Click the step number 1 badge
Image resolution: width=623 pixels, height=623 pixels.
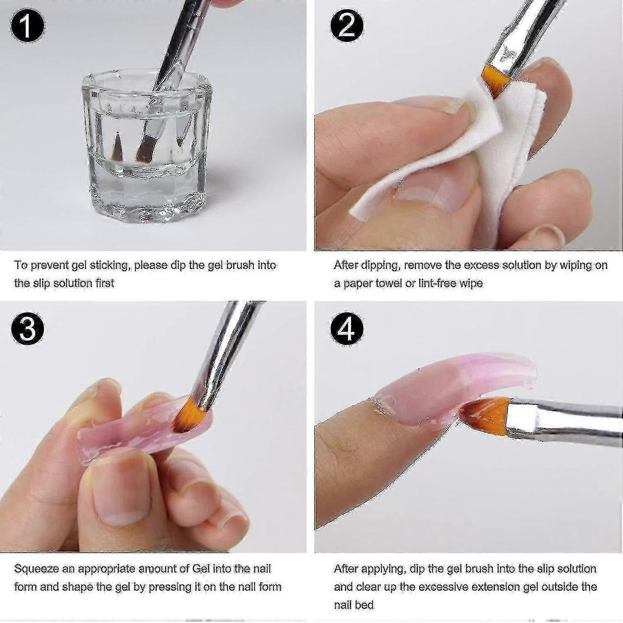coord(27,26)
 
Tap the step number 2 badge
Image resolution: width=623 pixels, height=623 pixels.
coord(346,26)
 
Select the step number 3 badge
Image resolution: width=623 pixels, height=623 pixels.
coord(27,328)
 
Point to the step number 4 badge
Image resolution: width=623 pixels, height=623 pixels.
coord(346,328)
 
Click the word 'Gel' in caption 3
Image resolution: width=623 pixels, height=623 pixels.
coord(201,569)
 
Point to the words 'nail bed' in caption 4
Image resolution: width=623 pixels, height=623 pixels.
coord(353,605)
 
